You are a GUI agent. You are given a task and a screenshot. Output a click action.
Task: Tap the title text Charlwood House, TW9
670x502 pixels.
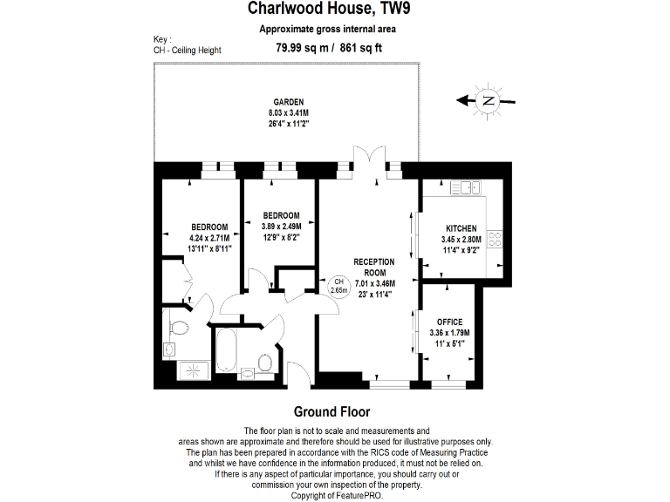(x=335, y=10)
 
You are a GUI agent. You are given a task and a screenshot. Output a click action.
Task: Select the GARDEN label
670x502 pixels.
(x=288, y=103)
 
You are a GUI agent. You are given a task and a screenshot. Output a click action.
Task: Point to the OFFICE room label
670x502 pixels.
(x=449, y=322)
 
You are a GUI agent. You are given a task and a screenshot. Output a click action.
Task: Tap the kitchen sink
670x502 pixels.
(x=466, y=186)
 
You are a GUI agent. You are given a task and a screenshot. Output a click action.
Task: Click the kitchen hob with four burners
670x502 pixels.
(x=496, y=238)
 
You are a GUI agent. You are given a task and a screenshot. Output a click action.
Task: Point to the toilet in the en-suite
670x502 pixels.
(x=179, y=329)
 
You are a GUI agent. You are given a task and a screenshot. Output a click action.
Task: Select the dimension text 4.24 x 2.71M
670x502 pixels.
(x=209, y=237)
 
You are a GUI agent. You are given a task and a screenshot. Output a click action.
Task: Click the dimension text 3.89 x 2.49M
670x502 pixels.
(x=282, y=226)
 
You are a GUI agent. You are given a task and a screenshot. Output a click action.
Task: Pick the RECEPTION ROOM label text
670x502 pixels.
(x=373, y=267)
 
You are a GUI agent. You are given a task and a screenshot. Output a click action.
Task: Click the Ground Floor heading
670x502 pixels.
(x=331, y=411)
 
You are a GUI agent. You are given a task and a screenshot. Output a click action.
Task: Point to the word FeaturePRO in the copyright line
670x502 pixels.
(x=355, y=495)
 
